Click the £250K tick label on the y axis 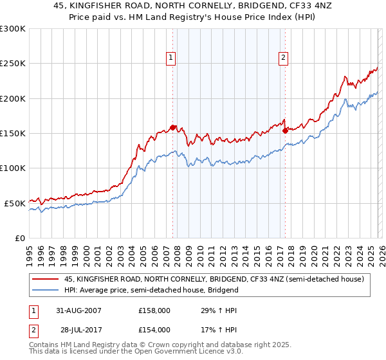click(x=13, y=64)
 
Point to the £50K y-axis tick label click(x=15, y=203)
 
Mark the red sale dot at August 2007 click(x=172, y=127)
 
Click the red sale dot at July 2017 click(x=285, y=130)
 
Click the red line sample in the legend click(x=45, y=279)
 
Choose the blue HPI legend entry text click(x=151, y=290)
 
